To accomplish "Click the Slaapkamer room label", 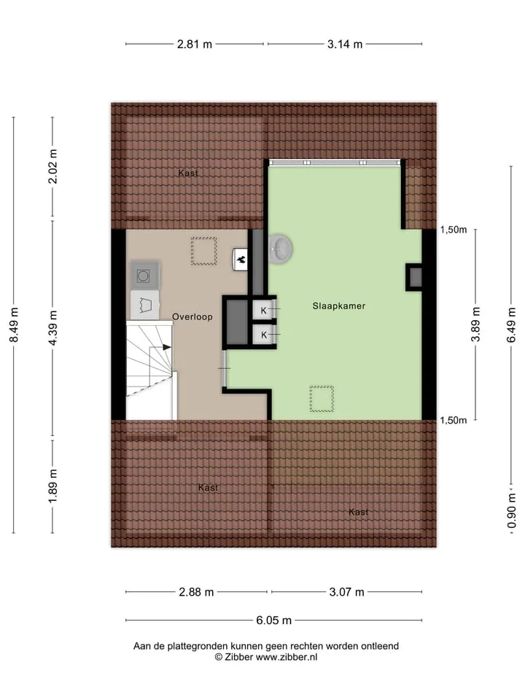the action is point(339,306).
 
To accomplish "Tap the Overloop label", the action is point(192,316).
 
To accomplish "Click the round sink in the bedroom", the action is point(281,248).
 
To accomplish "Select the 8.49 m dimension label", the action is point(14,325).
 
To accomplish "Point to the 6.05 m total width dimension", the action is point(273,620).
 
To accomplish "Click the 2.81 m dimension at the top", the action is point(195,44).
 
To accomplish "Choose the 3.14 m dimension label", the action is point(345,44).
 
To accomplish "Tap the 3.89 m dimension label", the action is point(475,324).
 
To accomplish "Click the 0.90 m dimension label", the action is point(512,510).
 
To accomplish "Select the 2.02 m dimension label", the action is point(52,166).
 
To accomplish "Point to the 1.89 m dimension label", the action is point(52,486).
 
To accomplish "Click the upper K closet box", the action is point(264,310).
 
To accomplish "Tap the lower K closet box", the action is point(264,335).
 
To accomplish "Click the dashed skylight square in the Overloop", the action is point(204,251).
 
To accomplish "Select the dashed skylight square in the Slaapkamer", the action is point(322,399).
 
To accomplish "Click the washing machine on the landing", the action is point(144,276).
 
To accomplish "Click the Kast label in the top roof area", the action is point(188,174).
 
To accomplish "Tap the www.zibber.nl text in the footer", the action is point(286,657).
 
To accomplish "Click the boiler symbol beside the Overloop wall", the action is point(241,260).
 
